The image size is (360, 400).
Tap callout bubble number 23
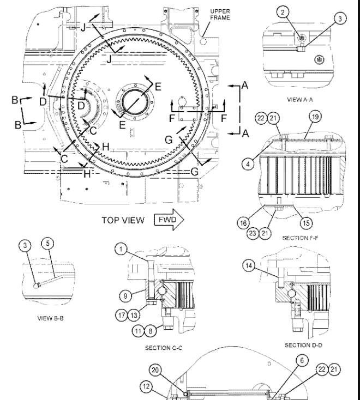coord(267,232)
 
